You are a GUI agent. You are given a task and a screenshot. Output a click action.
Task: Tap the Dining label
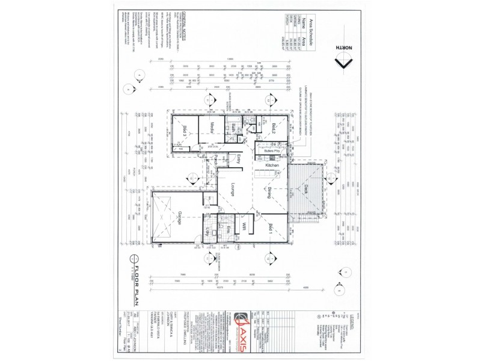coord(269,193)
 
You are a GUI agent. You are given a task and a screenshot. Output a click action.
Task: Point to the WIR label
coord(245,227)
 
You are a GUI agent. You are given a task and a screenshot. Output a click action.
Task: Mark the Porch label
coord(215,160)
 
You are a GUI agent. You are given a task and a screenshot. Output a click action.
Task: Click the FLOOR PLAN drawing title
coord(136,280)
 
